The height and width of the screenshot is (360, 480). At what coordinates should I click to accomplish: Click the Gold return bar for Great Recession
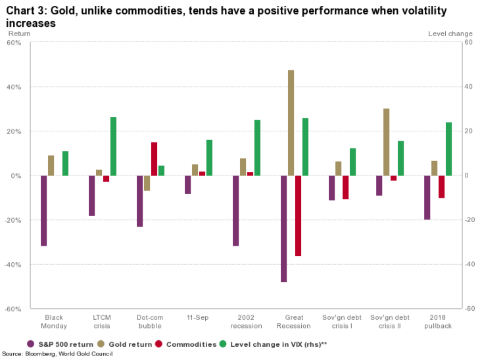[x=291, y=123]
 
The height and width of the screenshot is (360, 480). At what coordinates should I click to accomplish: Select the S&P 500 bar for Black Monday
[x=43, y=210]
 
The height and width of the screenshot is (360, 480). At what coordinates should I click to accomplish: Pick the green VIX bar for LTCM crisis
[x=113, y=146]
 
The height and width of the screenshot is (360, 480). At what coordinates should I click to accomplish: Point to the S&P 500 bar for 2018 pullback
[x=427, y=197]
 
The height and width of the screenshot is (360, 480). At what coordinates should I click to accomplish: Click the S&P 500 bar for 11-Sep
[x=187, y=185]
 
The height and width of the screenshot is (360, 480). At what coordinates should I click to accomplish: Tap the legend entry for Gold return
[x=127, y=344]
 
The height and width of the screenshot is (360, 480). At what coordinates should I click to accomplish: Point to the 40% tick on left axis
[x=15, y=87]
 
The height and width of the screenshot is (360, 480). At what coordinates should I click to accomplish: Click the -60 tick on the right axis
[x=469, y=308]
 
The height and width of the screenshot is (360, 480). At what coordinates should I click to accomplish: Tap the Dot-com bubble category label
[x=150, y=321]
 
